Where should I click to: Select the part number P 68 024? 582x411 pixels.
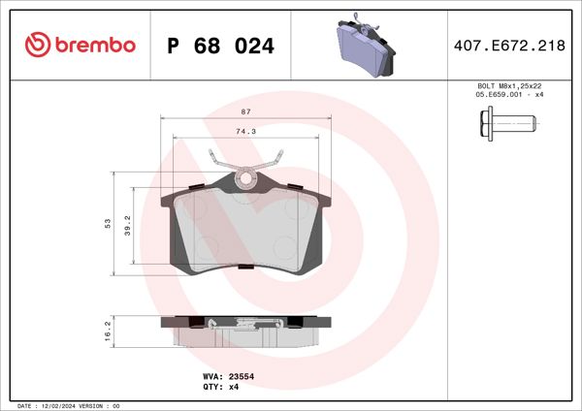coord(221,46)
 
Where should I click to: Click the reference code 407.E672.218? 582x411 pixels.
coord(508,46)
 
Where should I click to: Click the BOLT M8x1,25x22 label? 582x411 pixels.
coord(508,86)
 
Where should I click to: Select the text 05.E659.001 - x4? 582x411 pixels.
coord(508,95)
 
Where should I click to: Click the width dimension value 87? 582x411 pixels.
coord(246,112)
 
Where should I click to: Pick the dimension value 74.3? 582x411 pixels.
coord(246,131)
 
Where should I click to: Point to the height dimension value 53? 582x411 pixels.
coord(108,223)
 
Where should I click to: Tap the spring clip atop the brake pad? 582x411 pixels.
coord(246,167)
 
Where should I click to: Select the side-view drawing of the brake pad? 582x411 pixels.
coord(246,330)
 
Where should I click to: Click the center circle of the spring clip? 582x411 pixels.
coord(246,177)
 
